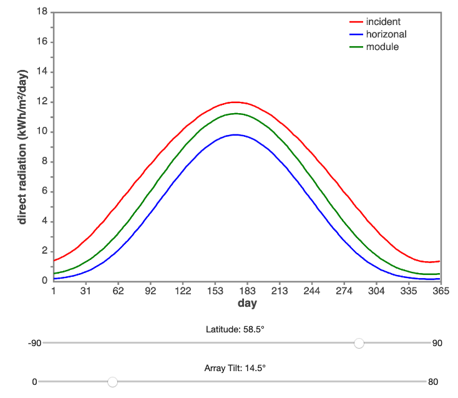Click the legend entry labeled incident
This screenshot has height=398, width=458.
point(383,22)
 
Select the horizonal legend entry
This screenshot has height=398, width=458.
point(386,34)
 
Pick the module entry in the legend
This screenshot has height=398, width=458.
point(382,47)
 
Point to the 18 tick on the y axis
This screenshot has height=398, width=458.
point(42,12)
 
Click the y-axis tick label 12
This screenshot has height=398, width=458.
point(42,102)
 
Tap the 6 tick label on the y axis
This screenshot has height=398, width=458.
point(45,192)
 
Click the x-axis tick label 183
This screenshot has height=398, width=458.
point(248,291)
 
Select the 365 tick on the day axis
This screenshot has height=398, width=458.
point(441,291)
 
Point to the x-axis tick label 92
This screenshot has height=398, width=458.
point(150,291)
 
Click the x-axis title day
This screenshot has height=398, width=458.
point(247,304)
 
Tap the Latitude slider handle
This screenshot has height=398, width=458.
point(359,343)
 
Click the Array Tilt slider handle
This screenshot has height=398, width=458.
point(112,382)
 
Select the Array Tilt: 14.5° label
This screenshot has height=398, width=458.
point(235,368)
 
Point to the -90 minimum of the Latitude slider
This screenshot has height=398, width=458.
point(34,343)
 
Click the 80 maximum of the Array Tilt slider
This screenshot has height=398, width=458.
point(434,382)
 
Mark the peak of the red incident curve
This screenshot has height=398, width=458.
point(235,102)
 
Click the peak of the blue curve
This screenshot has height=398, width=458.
point(235,134)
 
